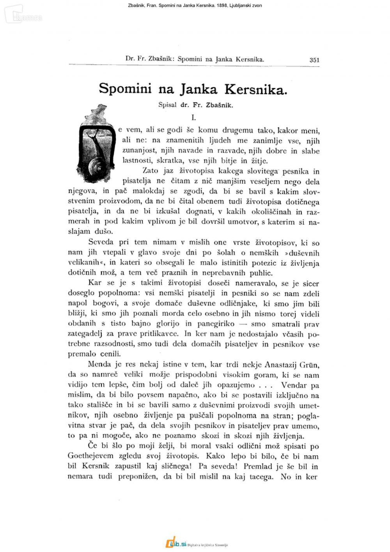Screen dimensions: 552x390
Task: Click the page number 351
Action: pos(314,60)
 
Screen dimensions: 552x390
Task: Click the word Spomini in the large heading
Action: pos(125,89)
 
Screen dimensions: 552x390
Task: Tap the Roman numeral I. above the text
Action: pos(193,117)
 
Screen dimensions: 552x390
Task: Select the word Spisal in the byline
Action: pos(167,105)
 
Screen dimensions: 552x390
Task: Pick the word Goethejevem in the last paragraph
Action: pos(90,456)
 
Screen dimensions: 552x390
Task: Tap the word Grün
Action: pos(309,365)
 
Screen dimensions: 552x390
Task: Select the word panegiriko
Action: pos(216,324)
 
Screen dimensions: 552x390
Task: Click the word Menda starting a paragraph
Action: pos(100,364)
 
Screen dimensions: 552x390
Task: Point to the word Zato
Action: pos(151,170)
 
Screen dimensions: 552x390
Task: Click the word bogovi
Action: pos(105,304)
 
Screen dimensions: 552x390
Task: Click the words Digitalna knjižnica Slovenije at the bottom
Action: pos(207,545)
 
